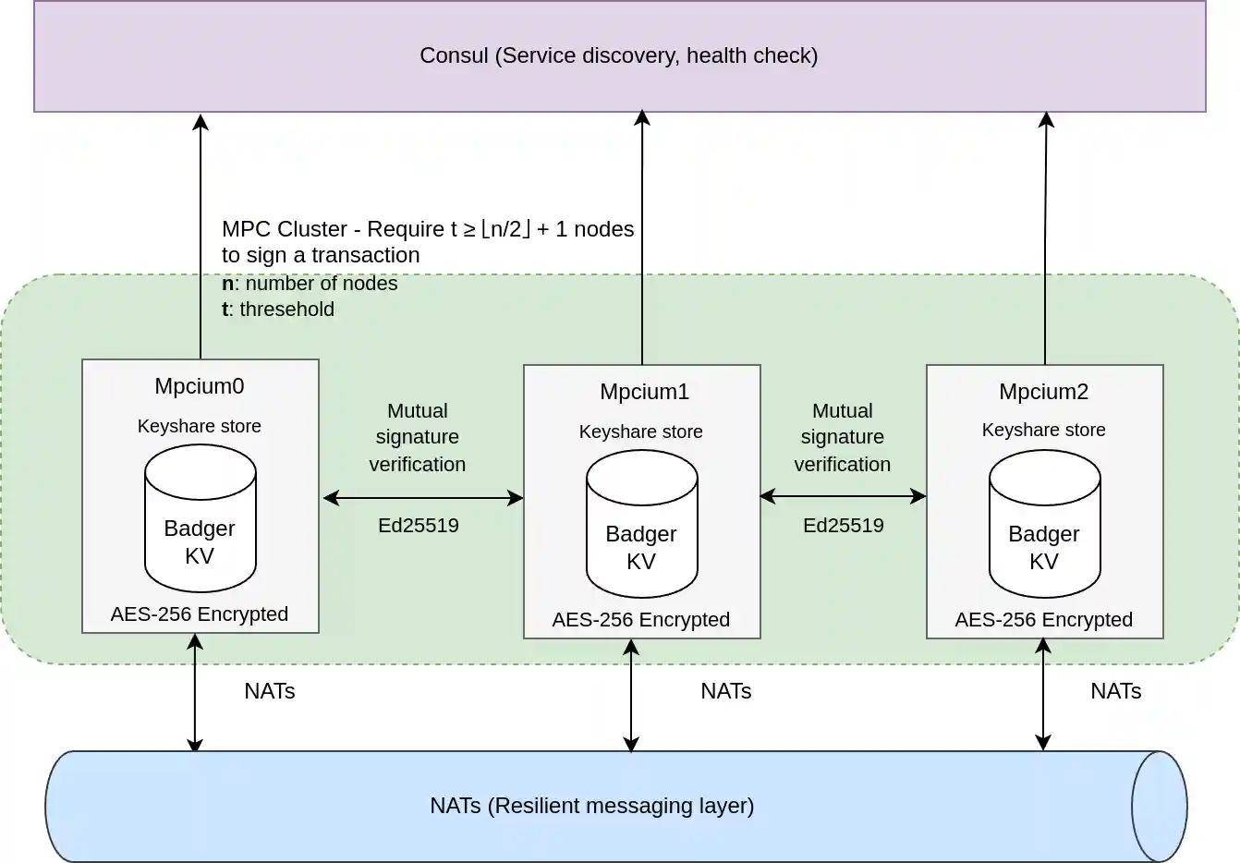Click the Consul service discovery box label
click(618, 55)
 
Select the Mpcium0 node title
click(200, 386)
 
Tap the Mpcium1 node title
click(644, 392)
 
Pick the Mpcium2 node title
click(1043, 392)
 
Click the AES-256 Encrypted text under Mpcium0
click(200, 614)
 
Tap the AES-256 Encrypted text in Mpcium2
click(1043, 620)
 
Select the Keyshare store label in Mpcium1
click(640, 431)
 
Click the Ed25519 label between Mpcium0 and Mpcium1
click(418, 526)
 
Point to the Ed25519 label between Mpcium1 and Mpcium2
click(843, 526)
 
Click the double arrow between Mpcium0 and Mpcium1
click(422, 498)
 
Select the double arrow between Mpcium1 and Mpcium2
click(843, 496)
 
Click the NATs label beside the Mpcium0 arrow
click(269, 691)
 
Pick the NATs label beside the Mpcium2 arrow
click(1115, 691)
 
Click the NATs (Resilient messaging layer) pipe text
click(591, 806)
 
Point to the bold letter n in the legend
click(227, 284)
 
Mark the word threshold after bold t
click(286, 310)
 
